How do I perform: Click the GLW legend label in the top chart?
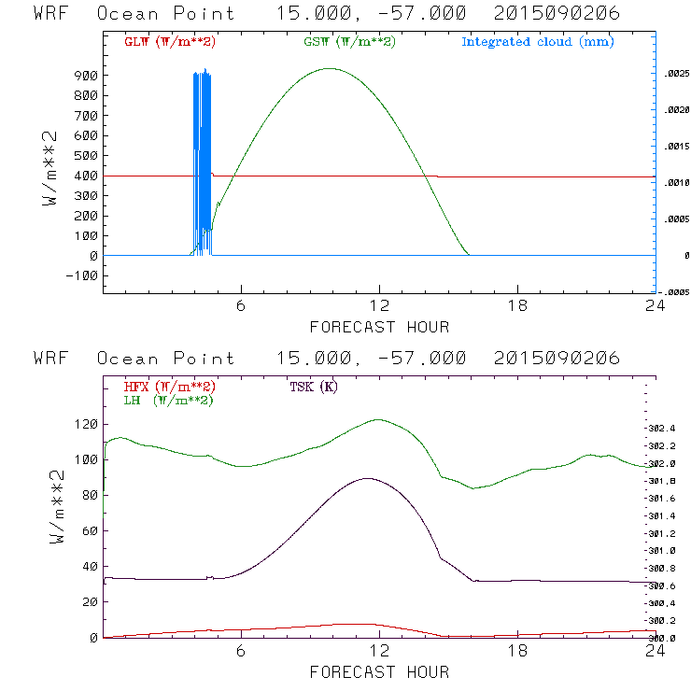(x=164, y=42)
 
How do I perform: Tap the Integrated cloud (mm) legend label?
(x=537, y=42)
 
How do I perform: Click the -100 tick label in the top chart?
(x=82, y=275)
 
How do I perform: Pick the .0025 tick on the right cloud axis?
(x=673, y=73)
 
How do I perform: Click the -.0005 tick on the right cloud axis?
(x=673, y=291)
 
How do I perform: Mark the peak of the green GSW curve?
(x=329, y=68)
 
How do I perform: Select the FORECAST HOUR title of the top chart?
(x=379, y=327)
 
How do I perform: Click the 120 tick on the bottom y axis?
(x=87, y=424)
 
